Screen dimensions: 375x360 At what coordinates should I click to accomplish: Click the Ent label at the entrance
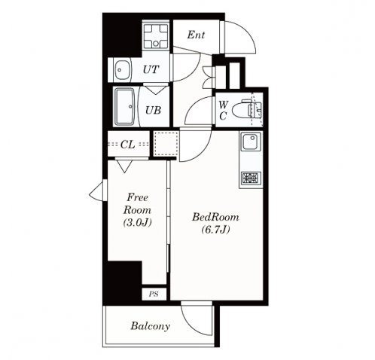tap(196, 35)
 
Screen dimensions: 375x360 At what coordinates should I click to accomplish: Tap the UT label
tap(151, 69)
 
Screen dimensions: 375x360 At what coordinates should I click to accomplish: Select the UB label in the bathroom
tap(153, 110)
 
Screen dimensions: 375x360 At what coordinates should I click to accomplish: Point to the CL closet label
tap(128, 145)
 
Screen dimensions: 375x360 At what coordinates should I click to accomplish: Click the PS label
tap(154, 294)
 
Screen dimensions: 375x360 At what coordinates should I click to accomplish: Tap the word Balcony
tap(151, 326)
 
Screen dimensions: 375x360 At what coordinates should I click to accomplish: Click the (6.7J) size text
tap(215, 230)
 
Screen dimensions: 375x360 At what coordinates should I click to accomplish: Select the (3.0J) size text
tap(138, 222)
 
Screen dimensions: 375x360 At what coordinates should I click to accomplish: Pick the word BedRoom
tap(215, 217)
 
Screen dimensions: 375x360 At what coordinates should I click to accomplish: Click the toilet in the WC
tap(247, 110)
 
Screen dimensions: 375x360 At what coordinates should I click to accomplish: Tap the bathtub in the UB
tap(124, 106)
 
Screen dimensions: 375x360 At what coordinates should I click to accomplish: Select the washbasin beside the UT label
tap(123, 70)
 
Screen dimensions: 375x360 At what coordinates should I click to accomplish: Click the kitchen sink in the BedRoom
tap(251, 142)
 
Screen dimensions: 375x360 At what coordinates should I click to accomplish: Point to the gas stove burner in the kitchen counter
tap(251, 178)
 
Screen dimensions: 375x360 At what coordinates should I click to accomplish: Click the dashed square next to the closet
tap(166, 143)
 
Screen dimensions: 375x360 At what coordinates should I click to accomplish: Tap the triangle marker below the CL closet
tap(124, 166)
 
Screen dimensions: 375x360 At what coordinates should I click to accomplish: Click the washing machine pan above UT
tap(156, 36)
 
